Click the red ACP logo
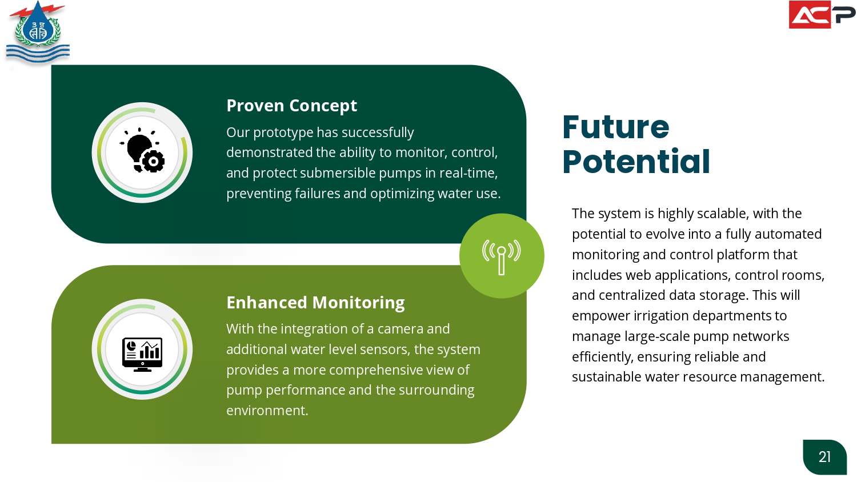point(822,14)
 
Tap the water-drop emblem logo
point(38,32)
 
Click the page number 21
point(824,457)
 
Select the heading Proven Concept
point(291,106)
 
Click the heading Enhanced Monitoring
point(315,303)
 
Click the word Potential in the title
point(636,162)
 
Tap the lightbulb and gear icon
point(142,150)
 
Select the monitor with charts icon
point(142,354)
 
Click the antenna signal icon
point(502,256)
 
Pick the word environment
point(267,411)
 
